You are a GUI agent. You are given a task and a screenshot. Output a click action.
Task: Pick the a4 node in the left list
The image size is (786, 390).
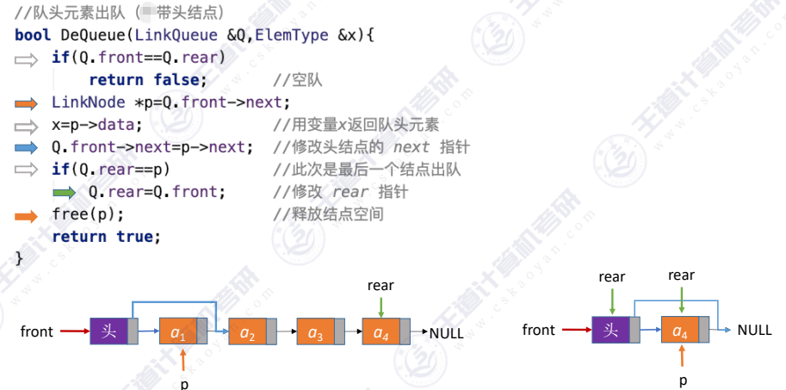[x=383, y=331]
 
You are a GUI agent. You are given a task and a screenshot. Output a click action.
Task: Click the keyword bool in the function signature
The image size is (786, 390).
[x=33, y=36]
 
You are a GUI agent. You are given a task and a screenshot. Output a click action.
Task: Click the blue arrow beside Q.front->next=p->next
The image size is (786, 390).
[x=27, y=147]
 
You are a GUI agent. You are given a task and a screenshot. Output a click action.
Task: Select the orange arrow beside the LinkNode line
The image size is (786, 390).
[x=27, y=103]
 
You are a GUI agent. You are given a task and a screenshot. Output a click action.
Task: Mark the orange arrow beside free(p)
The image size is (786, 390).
[x=27, y=214]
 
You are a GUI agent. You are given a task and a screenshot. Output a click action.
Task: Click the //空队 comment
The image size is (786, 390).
[x=297, y=81]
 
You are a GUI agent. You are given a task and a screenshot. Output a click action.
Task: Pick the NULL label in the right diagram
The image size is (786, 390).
[x=754, y=330]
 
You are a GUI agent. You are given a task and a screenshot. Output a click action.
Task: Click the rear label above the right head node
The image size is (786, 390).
[x=612, y=276]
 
